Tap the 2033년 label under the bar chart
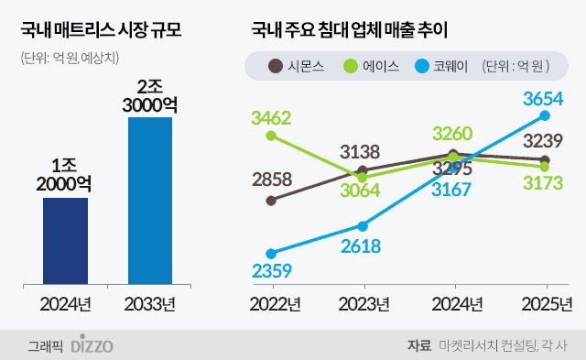pyautogui.click(x=150, y=302)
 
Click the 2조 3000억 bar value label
pyautogui.click(x=150, y=95)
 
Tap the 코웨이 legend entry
pyautogui.click(x=449, y=65)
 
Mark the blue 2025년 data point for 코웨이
pyautogui.click(x=546, y=115)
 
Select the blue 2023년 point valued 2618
pyautogui.click(x=363, y=225)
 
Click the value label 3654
pyautogui.click(x=544, y=98)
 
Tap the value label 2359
pyautogui.click(x=271, y=270)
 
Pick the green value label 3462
pyautogui.click(x=272, y=117)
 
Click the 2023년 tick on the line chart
pyautogui.click(x=363, y=302)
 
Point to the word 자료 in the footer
pyautogui.click(x=418, y=345)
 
